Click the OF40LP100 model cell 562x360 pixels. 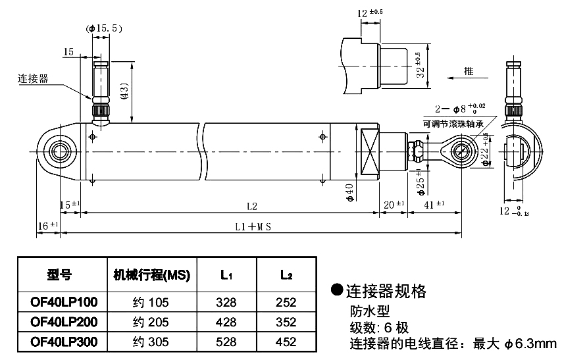coord(64,303)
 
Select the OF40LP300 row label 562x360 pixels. coord(64,342)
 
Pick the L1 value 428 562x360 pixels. coord(226,322)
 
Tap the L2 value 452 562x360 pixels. coord(286,342)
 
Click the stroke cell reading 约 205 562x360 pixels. coord(150,322)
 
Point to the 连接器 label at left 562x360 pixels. coord(34,79)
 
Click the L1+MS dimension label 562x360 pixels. coord(253,226)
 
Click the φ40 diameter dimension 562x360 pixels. coord(349,192)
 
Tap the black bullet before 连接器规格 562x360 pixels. coord(336,290)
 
